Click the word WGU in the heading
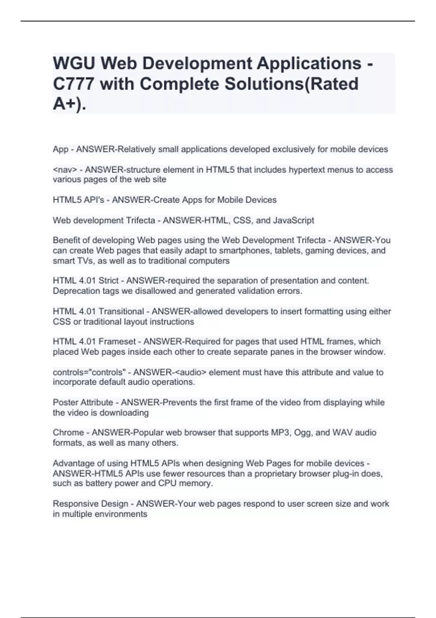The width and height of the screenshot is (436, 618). point(74,64)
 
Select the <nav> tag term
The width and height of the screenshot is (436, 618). point(65,170)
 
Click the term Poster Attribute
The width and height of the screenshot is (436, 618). point(83,402)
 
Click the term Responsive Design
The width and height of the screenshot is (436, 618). point(90,504)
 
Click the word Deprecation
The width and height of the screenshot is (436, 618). point(74,291)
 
